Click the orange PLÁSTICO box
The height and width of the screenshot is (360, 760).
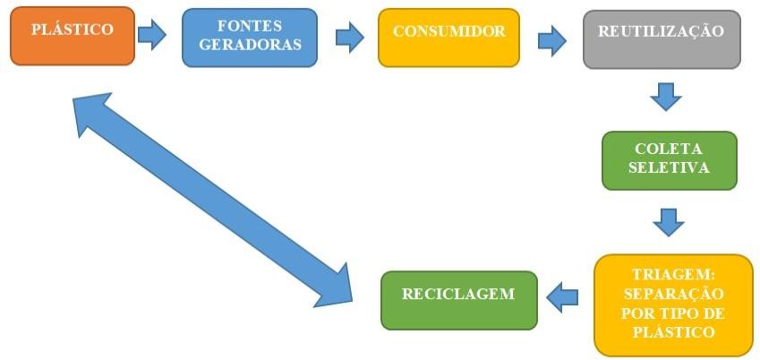click(x=73, y=36)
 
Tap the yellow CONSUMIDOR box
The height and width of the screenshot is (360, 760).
click(x=448, y=38)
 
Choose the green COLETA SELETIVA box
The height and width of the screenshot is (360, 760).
click(x=669, y=160)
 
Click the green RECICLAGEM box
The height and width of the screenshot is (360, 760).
click(x=459, y=300)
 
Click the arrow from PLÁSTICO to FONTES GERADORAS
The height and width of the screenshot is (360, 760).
click(x=153, y=36)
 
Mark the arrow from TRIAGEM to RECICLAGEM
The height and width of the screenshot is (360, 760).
click(x=563, y=296)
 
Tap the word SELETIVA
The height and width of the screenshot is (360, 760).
click(x=669, y=168)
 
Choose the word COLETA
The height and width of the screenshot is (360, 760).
click(x=669, y=150)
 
